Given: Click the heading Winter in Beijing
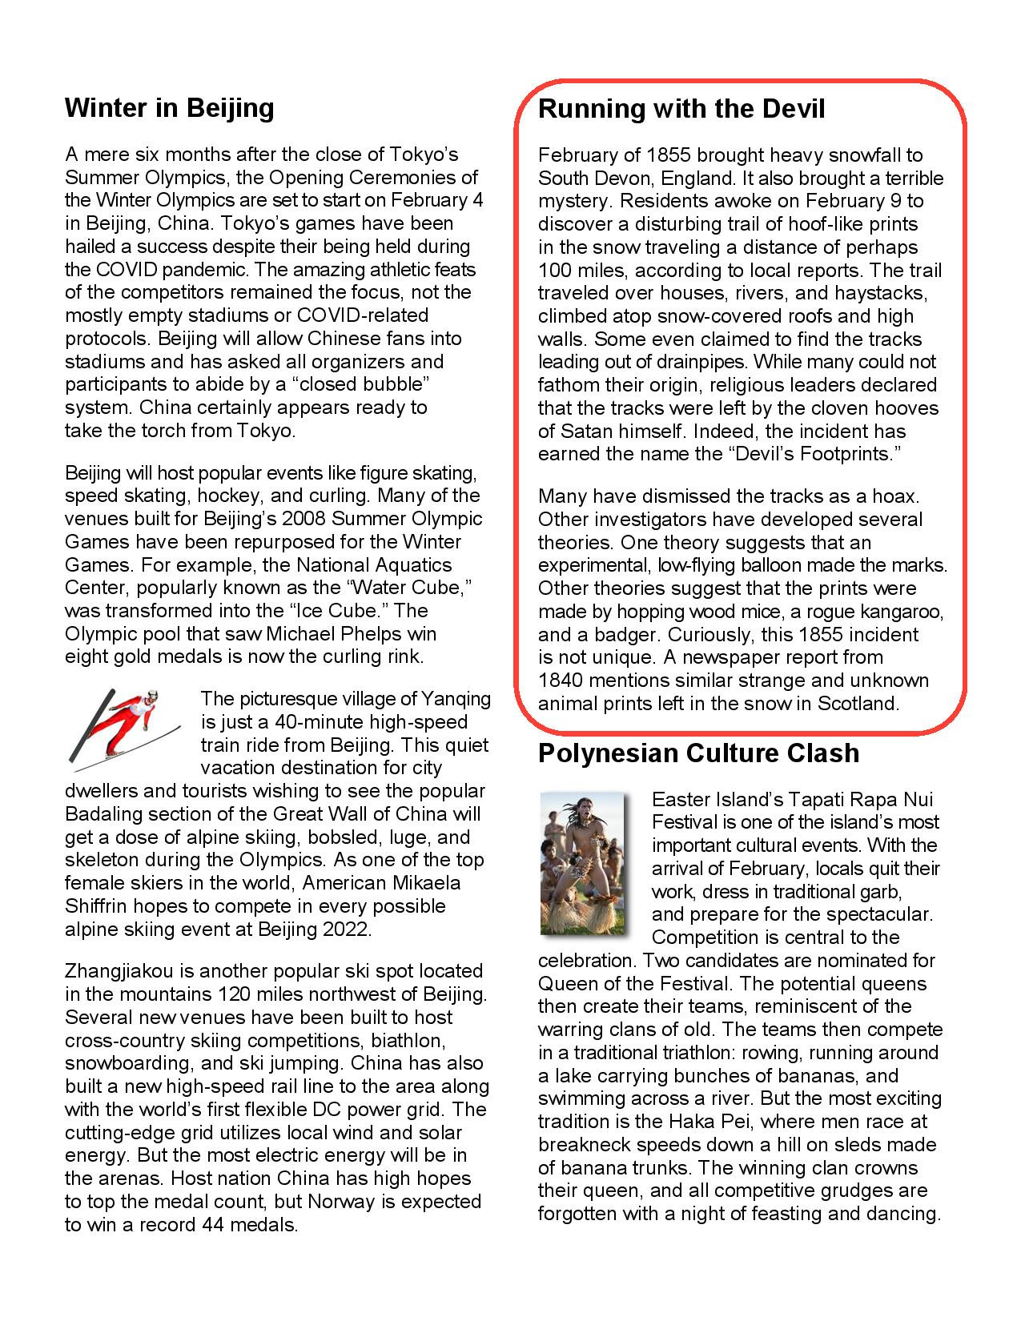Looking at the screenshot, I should pos(169,108).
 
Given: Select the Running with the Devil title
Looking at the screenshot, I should pos(681,109).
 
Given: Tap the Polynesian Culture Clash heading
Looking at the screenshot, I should pos(698,753).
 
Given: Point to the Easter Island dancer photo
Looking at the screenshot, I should pos(581,863).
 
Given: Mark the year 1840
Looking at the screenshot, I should pos(560,681).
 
